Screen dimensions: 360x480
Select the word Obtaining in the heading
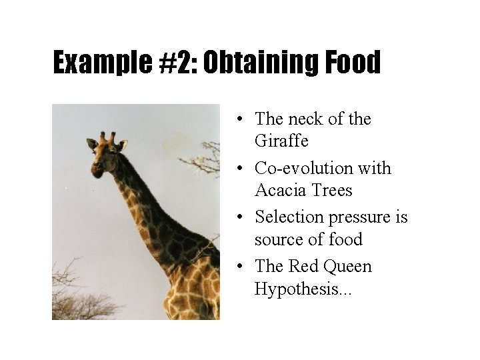[x=263, y=63]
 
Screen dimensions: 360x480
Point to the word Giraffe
[x=281, y=141]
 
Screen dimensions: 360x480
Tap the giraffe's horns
[x=107, y=136]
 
